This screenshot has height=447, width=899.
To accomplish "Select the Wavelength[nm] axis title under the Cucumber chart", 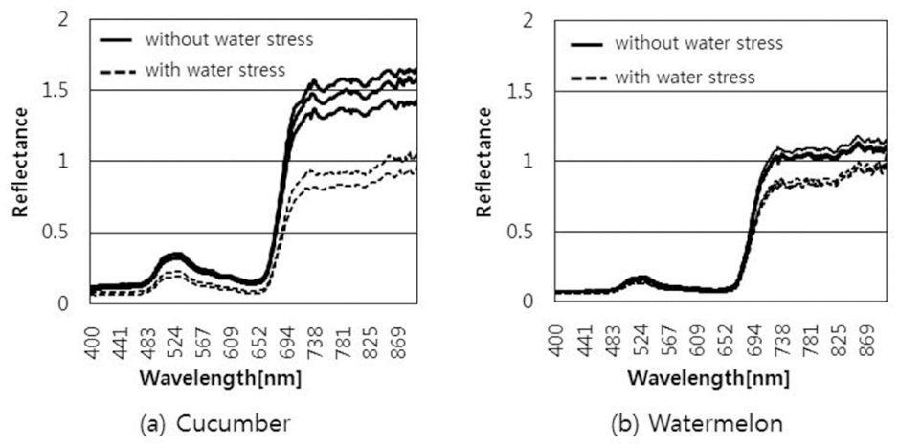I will tap(221, 378).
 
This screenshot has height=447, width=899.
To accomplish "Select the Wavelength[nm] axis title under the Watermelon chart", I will tap(708, 378).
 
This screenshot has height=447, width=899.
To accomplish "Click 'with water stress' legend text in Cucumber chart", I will tap(214, 70).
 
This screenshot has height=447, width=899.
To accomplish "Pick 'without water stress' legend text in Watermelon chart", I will tap(699, 43).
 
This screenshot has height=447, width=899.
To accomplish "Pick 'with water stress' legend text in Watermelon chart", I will tap(685, 76).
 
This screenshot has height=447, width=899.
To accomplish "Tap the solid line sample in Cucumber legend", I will tap(118, 40).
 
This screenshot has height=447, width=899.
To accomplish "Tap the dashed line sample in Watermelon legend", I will tap(587, 77).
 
